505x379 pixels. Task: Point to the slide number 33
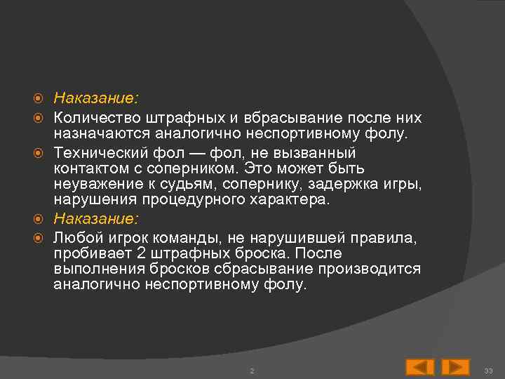489,370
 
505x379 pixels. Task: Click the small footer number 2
252,370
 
